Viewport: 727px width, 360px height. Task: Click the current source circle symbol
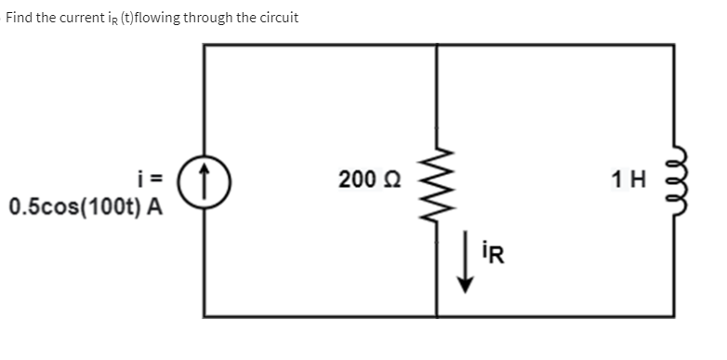[x=205, y=180]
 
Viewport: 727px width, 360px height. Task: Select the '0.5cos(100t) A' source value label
[x=85, y=206]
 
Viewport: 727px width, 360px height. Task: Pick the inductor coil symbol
[x=676, y=180]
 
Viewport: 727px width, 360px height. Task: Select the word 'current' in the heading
[x=91, y=18]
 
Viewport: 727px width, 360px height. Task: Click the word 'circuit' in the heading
[x=276, y=18]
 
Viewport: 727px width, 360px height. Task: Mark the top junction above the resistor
[x=436, y=44]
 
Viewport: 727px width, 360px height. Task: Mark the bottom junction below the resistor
[x=436, y=316]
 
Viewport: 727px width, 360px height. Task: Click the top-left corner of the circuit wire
[x=205, y=44]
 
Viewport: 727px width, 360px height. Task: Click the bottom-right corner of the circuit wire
[x=674, y=316]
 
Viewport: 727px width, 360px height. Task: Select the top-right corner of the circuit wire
[x=674, y=44]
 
